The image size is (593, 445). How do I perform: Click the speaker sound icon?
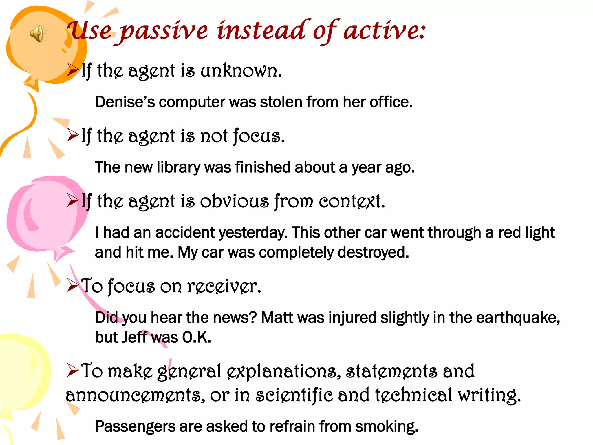(38, 34)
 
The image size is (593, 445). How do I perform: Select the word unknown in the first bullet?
(241, 71)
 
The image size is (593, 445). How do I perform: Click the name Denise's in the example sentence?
(125, 102)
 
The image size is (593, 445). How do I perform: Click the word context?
(352, 201)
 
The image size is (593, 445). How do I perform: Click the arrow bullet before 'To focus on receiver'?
(73, 285)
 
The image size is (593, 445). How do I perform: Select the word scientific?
(294, 395)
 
